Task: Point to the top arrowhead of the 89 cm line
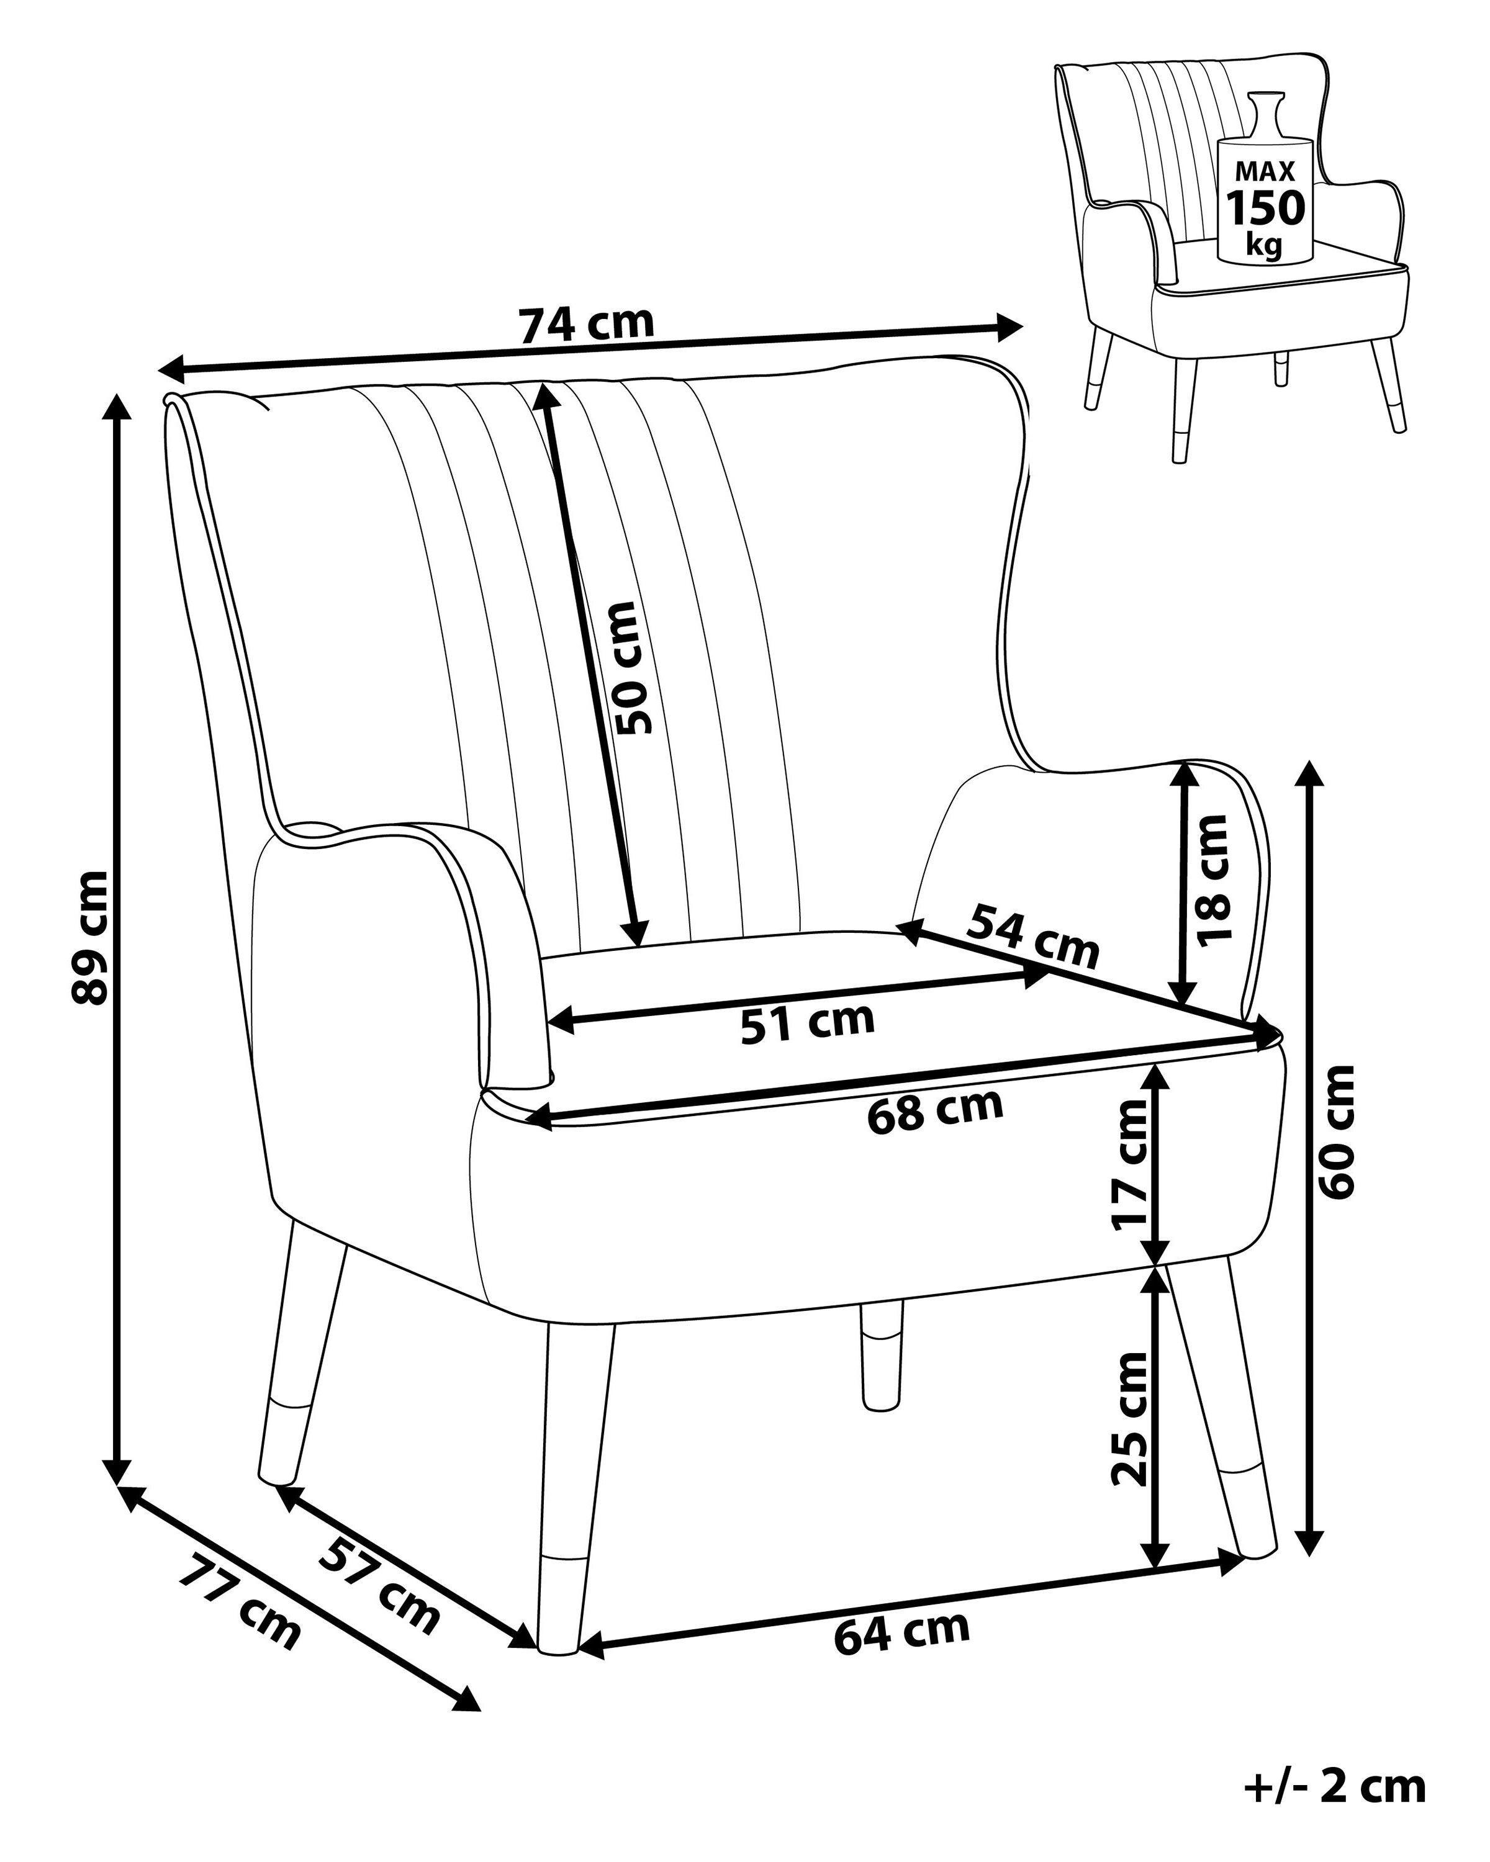[117, 406]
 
